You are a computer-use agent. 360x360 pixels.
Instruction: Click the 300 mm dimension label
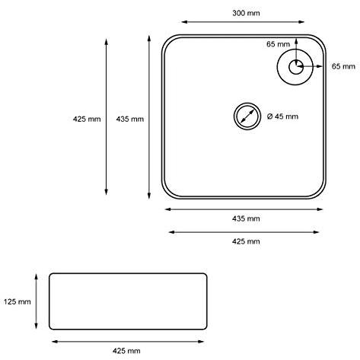click(246, 13)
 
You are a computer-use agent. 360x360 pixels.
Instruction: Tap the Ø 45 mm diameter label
click(282, 116)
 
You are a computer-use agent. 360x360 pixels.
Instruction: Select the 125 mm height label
click(17, 301)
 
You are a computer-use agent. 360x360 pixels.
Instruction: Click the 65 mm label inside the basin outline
click(278, 44)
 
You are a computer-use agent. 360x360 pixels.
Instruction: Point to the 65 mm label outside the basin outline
click(343, 66)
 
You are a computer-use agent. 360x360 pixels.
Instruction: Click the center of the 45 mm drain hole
click(247, 116)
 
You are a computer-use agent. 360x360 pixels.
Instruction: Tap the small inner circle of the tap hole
click(296, 67)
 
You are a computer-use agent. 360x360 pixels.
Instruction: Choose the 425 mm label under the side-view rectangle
click(126, 351)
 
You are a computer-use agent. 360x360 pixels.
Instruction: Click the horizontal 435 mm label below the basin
click(246, 218)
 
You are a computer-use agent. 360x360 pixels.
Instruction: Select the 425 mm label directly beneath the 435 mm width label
click(246, 241)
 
